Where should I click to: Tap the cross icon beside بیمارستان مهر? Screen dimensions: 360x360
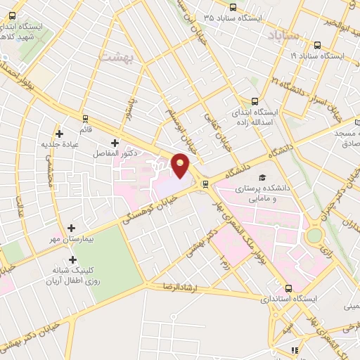click(71, 228)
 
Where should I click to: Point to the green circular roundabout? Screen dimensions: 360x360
click(314, 235)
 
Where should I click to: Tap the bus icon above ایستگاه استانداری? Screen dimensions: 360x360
click(289, 288)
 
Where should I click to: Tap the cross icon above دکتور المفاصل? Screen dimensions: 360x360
click(115, 143)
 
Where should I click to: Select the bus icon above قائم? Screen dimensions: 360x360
click(85, 119)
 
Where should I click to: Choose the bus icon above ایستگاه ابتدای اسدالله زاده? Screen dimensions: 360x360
click(255, 101)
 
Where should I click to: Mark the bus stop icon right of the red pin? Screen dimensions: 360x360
click(205, 184)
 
